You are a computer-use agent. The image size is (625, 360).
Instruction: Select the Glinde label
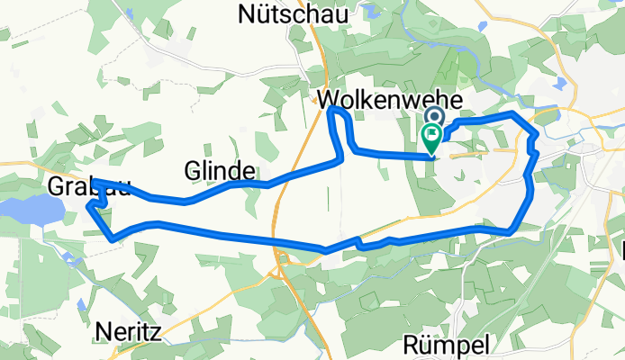(219, 169)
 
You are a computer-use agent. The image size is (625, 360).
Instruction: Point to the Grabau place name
(86, 187)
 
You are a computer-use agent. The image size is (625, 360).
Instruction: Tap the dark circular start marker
(434, 117)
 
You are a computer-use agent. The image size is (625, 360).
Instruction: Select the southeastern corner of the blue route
(511, 230)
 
